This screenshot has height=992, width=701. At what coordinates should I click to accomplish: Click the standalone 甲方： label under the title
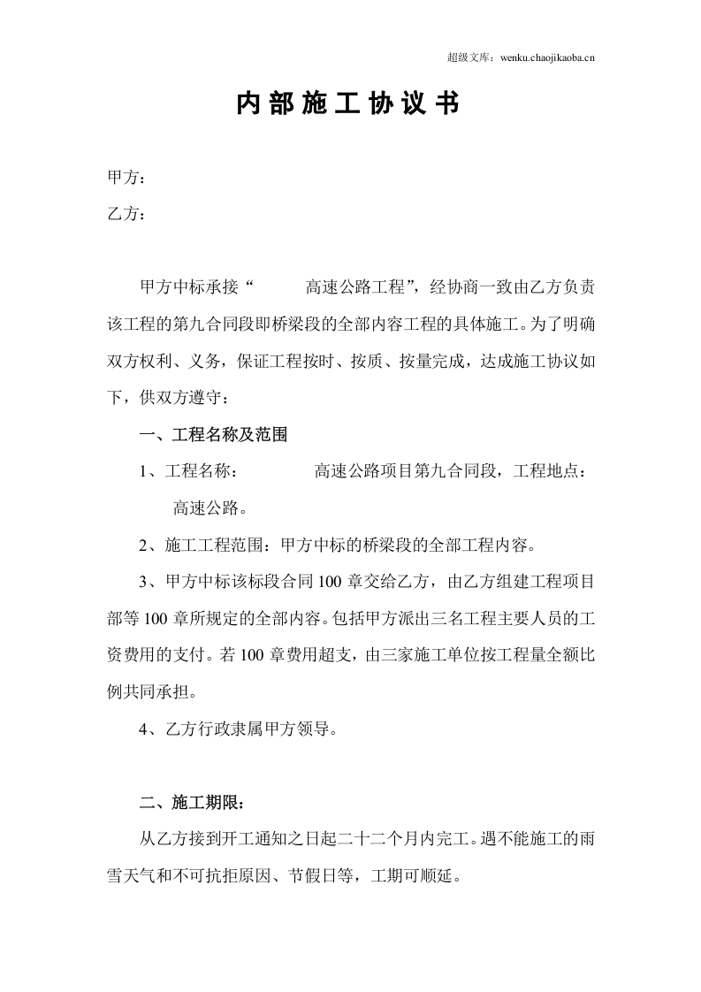click(x=126, y=178)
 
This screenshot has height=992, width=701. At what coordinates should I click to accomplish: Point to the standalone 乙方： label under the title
click(x=126, y=214)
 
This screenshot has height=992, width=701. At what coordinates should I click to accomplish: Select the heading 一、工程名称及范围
click(x=213, y=436)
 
